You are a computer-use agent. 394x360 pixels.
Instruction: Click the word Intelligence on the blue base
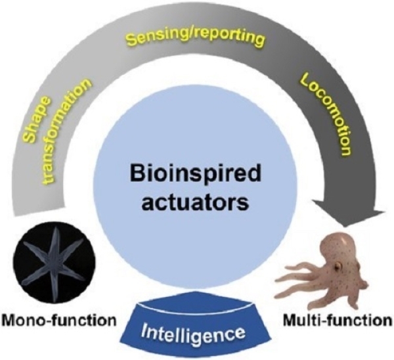pos(198,326)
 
